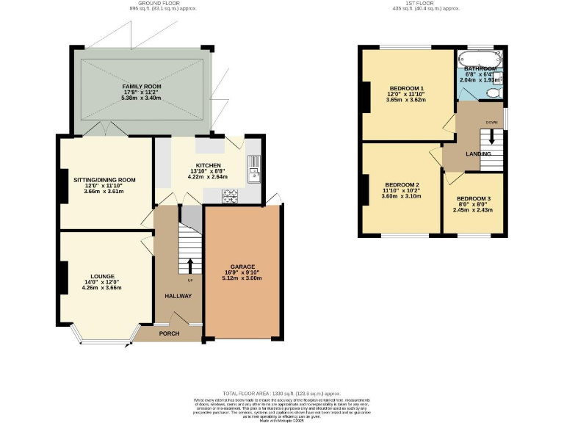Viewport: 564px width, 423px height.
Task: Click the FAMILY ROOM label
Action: pyautogui.click(x=142, y=87)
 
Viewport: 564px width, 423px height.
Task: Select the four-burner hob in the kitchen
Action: pyautogui.click(x=231, y=195)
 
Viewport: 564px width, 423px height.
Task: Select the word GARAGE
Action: pyautogui.click(x=242, y=267)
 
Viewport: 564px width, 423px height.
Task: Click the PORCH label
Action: pyautogui.click(x=170, y=333)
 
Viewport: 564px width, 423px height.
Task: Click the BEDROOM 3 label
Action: pyautogui.click(x=473, y=198)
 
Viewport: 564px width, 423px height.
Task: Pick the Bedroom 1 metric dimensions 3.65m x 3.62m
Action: pyautogui.click(x=405, y=100)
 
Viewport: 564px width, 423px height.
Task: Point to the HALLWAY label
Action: pyautogui.click(x=177, y=296)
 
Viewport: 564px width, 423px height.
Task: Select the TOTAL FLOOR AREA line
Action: pyautogui.click(x=281, y=393)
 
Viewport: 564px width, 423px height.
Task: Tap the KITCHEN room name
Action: pyautogui.click(x=209, y=165)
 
